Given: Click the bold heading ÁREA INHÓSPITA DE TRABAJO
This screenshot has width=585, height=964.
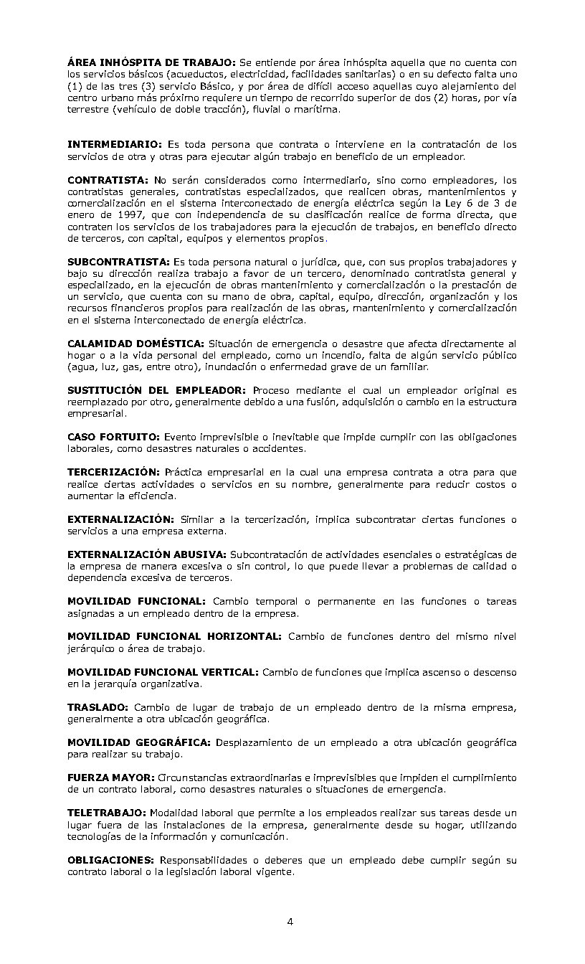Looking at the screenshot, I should click(x=151, y=62).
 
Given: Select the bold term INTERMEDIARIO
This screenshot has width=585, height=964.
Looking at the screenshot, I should click(x=114, y=144).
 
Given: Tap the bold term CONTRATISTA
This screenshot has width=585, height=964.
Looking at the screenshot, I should click(x=108, y=180).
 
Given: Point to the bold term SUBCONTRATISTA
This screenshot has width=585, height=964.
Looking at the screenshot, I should click(x=118, y=262).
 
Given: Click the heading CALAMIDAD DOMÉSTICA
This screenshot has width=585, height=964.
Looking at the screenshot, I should click(x=135, y=344).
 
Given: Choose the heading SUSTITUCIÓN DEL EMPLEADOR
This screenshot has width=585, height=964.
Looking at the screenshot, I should click(x=156, y=390).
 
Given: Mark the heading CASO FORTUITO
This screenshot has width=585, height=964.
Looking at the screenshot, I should click(x=113, y=437).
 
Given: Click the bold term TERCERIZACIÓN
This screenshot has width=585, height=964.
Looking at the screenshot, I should click(x=113, y=472).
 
